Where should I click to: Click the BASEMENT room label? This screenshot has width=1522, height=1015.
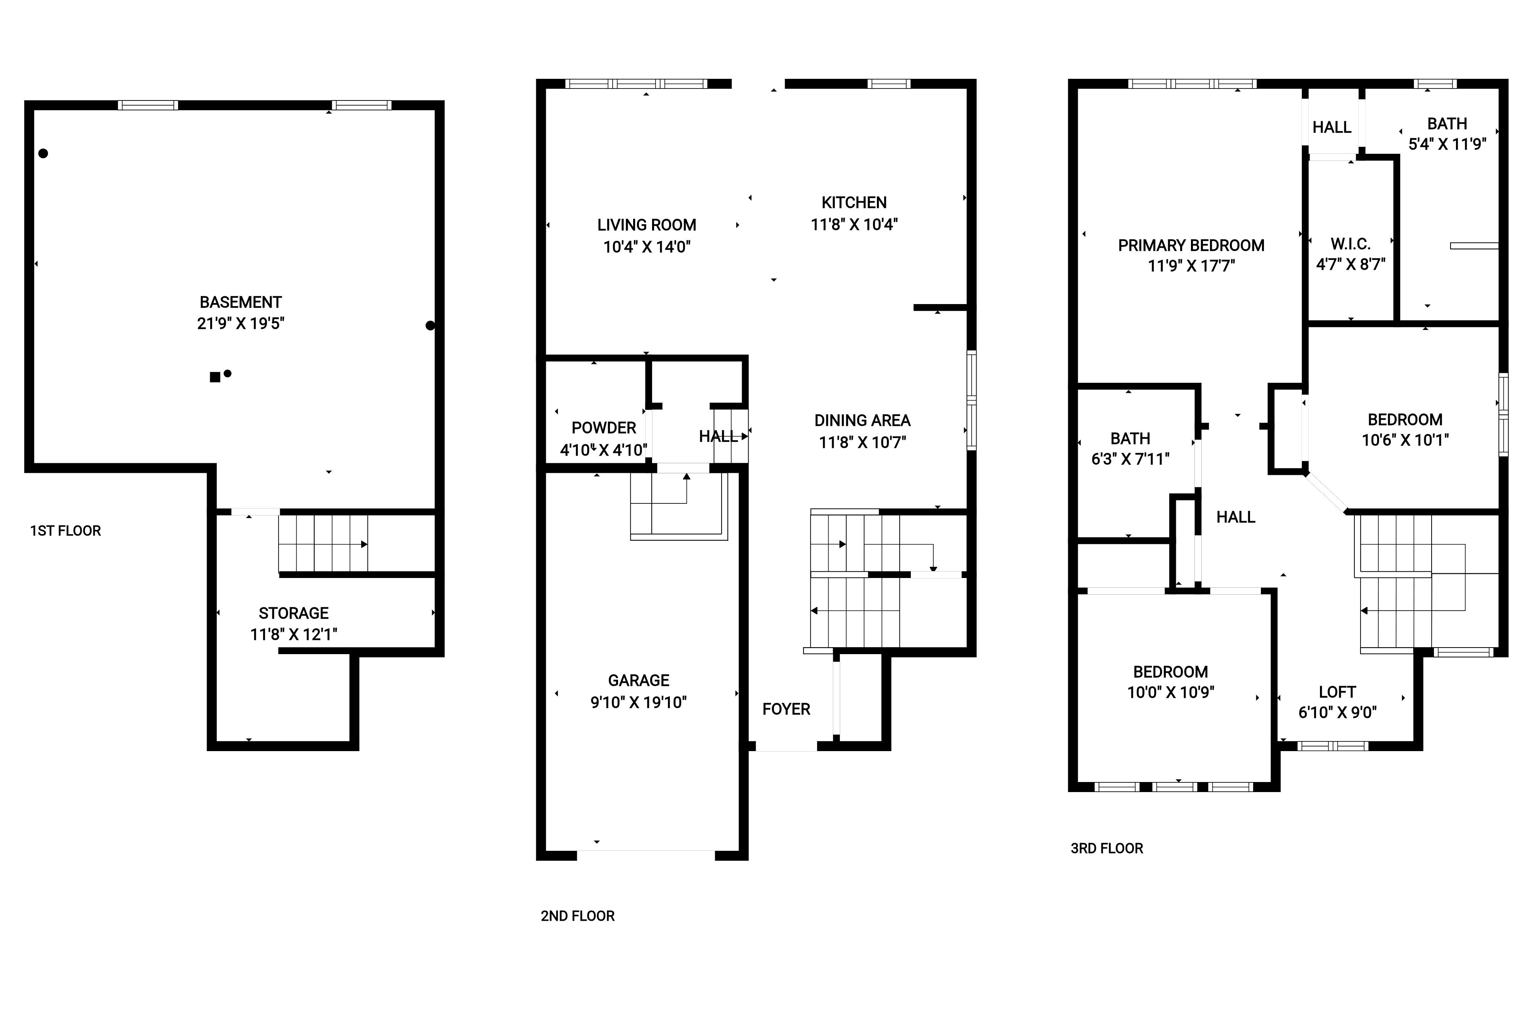[x=241, y=302]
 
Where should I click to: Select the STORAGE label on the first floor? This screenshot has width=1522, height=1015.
[x=294, y=613]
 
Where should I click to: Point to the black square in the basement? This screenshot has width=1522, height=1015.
[x=215, y=377]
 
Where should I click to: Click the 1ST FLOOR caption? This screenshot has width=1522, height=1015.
[x=65, y=531]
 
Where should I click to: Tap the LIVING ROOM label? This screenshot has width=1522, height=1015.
[x=646, y=225]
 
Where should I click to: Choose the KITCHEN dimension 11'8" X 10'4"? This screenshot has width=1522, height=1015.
[x=854, y=224]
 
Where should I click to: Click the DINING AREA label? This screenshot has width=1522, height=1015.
[x=863, y=421]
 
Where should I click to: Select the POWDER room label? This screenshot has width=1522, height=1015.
[x=604, y=428]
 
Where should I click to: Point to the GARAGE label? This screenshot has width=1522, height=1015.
[x=639, y=680]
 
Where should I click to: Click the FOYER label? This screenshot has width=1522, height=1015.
[x=786, y=709]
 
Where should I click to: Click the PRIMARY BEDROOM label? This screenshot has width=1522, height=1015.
[x=1191, y=245]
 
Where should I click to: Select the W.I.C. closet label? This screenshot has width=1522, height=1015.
[x=1350, y=244]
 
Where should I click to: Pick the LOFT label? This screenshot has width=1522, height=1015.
[x=1338, y=692]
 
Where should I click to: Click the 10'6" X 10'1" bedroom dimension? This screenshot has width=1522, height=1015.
[x=1405, y=440]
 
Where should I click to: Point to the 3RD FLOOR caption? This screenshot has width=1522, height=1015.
[x=1107, y=848]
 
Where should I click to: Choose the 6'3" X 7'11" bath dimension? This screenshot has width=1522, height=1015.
[x=1131, y=459]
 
